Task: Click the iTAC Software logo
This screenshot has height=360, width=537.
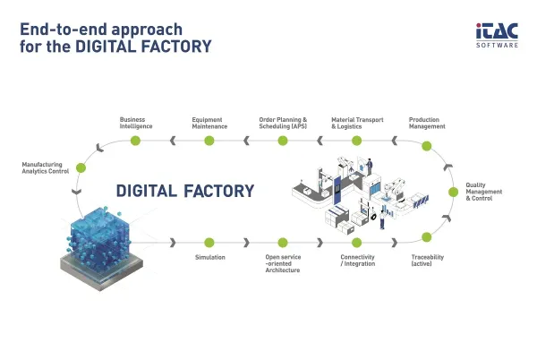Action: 497,35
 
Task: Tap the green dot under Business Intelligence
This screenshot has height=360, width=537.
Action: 136,141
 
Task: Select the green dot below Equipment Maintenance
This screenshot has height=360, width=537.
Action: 209,141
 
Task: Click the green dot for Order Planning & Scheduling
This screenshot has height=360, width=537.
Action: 283,141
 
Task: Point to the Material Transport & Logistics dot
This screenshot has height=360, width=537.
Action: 356,141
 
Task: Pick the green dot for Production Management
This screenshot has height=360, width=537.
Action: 426,146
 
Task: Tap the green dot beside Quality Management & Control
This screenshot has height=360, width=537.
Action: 453,193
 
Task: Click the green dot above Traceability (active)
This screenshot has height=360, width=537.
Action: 426,237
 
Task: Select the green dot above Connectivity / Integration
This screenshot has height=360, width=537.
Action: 356,243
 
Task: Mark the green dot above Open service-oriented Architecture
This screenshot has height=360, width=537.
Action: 283,243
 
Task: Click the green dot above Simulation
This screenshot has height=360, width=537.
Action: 209,243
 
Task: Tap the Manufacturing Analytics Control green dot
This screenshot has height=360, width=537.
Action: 81,167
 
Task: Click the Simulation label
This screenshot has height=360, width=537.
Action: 210,257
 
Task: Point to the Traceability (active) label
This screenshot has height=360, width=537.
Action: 428,261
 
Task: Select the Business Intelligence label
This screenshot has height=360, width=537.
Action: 136,123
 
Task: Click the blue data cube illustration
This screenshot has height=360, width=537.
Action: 101,248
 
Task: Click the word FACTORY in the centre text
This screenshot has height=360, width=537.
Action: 219,191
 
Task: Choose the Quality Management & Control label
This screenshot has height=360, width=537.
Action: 483,192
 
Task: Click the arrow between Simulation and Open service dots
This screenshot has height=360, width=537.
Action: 246,243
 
